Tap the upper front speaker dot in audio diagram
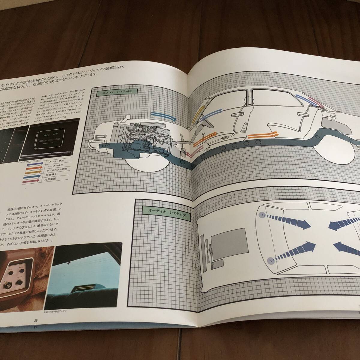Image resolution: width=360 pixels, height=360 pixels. coord(262,215)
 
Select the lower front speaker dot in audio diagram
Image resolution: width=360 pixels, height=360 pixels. coord(271,260)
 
